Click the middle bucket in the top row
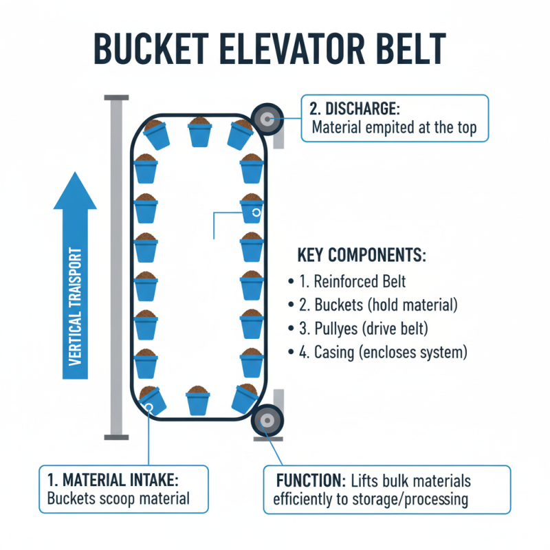click(x=200, y=132)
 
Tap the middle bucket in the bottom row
click(x=198, y=400)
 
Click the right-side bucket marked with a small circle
click(x=252, y=209)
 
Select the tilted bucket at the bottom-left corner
click(x=153, y=401)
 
